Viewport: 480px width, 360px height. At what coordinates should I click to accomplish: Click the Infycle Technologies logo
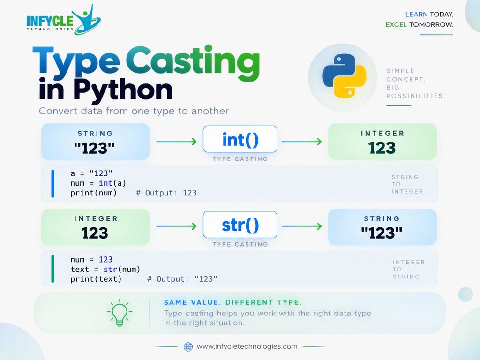tap(63, 20)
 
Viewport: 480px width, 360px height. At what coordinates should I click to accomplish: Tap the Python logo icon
tap(345, 76)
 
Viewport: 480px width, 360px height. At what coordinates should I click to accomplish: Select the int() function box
tap(240, 139)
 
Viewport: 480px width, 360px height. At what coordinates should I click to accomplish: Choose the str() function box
tap(240, 225)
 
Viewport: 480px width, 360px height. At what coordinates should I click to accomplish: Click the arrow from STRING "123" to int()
tap(176, 142)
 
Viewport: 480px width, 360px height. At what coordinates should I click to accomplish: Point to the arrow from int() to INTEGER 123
tap(302, 142)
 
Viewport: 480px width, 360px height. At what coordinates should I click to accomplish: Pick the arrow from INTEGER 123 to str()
tap(176, 226)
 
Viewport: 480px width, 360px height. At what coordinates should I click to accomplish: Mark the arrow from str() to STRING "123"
tap(302, 226)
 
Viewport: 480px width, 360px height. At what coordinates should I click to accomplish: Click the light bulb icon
tap(120, 313)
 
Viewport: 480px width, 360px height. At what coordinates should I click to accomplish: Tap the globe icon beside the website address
tap(188, 346)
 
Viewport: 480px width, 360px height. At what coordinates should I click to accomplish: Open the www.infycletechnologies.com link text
tap(247, 346)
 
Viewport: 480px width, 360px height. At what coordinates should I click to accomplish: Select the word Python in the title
tap(123, 90)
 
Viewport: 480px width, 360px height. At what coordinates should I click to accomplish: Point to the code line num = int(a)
tap(98, 183)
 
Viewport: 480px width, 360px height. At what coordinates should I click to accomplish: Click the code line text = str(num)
tap(105, 269)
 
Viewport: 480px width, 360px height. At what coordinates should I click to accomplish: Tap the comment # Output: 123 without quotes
tap(166, 193)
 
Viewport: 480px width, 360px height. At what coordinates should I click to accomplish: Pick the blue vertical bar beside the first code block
tap(52, 183)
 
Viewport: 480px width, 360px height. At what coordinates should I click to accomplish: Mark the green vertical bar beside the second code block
tap(52, 269)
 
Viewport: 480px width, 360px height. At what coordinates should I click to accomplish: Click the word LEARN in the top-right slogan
tap(416, 15)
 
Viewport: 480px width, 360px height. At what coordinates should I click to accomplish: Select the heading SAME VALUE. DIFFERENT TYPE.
tap(232, 302)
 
